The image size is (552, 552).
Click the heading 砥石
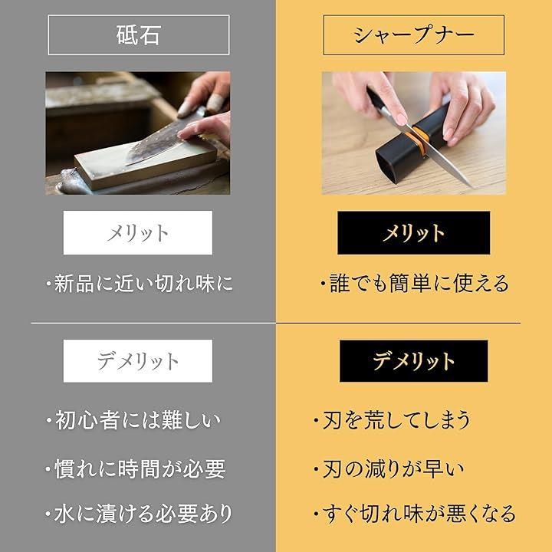(138, 34)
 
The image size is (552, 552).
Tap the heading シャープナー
(414, 34)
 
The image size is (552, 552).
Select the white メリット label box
(138, 233)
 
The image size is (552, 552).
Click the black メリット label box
(414, 233)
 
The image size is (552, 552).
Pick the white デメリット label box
(138, 361)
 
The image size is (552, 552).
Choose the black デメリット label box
(414, 361)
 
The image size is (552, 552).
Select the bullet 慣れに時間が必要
(136, 469)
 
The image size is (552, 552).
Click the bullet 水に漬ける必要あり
(139, 513)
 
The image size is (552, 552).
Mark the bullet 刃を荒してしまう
(393, 420)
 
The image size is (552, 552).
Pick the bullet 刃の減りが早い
(389, 469)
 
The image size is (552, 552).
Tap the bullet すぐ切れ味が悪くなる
(415, 513)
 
